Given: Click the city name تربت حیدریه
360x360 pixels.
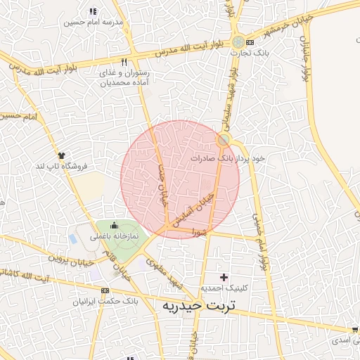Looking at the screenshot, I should click(202, 307).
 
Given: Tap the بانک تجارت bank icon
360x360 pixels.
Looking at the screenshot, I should click(250, 43).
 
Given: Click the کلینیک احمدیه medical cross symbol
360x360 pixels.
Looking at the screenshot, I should click(224, 277).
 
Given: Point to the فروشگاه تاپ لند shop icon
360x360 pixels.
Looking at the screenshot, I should click(62, 155).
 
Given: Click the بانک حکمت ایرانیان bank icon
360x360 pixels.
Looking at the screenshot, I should click(105, 290).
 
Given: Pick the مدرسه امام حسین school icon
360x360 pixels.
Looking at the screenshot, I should click(94, 11).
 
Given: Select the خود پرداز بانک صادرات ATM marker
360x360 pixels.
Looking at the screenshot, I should click(223, 141).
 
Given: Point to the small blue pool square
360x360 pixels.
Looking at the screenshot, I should click(73, 238).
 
